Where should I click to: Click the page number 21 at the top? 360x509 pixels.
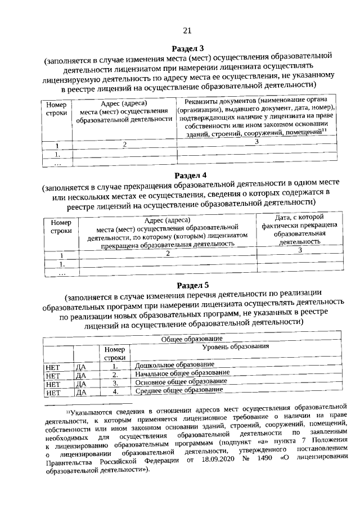(x=187, y=30)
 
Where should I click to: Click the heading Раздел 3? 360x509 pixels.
(x=188, y=48)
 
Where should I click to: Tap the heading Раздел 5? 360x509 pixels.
(x=192, y=284)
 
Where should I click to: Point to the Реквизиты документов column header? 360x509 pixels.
(x=256, y=116)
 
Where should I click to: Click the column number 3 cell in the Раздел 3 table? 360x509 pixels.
(x=256, y=142)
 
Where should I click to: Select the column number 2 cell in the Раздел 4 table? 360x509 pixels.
(x=168, y=254)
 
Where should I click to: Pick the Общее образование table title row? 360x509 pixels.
(x=192, y=339)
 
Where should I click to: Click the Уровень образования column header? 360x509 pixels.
(x=235, y=347)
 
